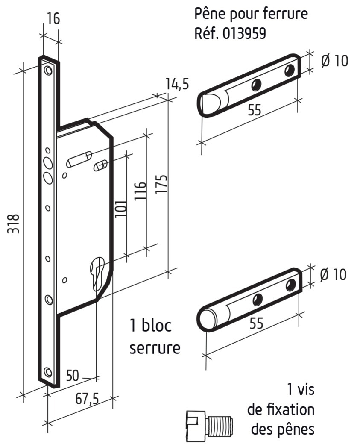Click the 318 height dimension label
coord(14,223)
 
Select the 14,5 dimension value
coord(177,85)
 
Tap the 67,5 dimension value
coord(87,399)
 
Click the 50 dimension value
coord(73,376)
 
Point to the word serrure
coord(155,348)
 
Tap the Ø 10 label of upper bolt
coord(334,61)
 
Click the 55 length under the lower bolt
coord(256,323)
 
